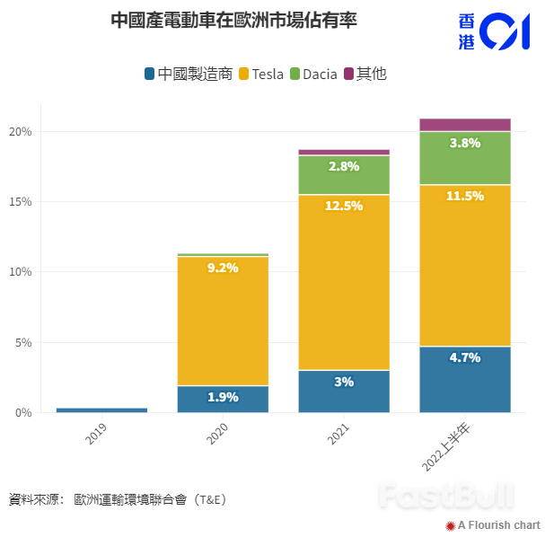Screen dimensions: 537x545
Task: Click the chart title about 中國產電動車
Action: [233, 20]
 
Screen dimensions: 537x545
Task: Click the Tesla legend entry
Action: [261, 74]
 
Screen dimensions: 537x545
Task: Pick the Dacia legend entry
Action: [313, 74]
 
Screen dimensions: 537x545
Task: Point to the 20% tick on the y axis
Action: [20, 132]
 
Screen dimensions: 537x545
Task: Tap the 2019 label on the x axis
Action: [96, 435]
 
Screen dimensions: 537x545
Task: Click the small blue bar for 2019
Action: [101, 409]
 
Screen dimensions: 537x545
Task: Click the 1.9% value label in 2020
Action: [223, 397]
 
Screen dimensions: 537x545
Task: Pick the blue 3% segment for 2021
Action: [344, 392]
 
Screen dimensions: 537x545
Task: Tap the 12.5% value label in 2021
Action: [344, 206]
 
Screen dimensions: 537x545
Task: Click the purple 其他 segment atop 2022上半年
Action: [465, 125]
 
